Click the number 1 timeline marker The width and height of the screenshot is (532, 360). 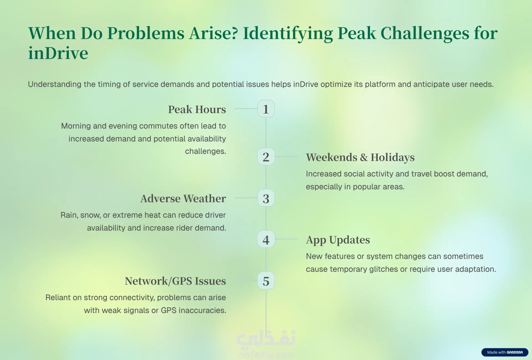tap(266, 109)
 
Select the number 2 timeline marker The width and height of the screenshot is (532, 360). tap(266, 157)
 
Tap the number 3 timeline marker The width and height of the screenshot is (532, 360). tap(266, 198)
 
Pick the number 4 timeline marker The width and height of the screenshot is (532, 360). tap(266, 239)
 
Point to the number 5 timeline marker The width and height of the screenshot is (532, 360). tap(266, 280)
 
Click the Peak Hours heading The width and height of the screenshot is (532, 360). tap(197, 109)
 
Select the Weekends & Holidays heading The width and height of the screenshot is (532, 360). tap(360, 157)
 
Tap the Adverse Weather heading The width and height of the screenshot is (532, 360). tap(183, 198)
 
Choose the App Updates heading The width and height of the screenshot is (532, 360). tap(338, 240)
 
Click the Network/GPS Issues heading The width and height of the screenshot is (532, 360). tap(175, 281)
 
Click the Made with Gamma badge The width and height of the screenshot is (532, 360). tap(505, 352)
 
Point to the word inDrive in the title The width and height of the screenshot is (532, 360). tap(58, 53)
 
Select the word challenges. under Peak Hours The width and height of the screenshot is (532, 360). tap(206, 151)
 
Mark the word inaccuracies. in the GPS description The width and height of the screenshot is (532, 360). tap(202, 310)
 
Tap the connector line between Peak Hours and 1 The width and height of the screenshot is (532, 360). tap(246, 109)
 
